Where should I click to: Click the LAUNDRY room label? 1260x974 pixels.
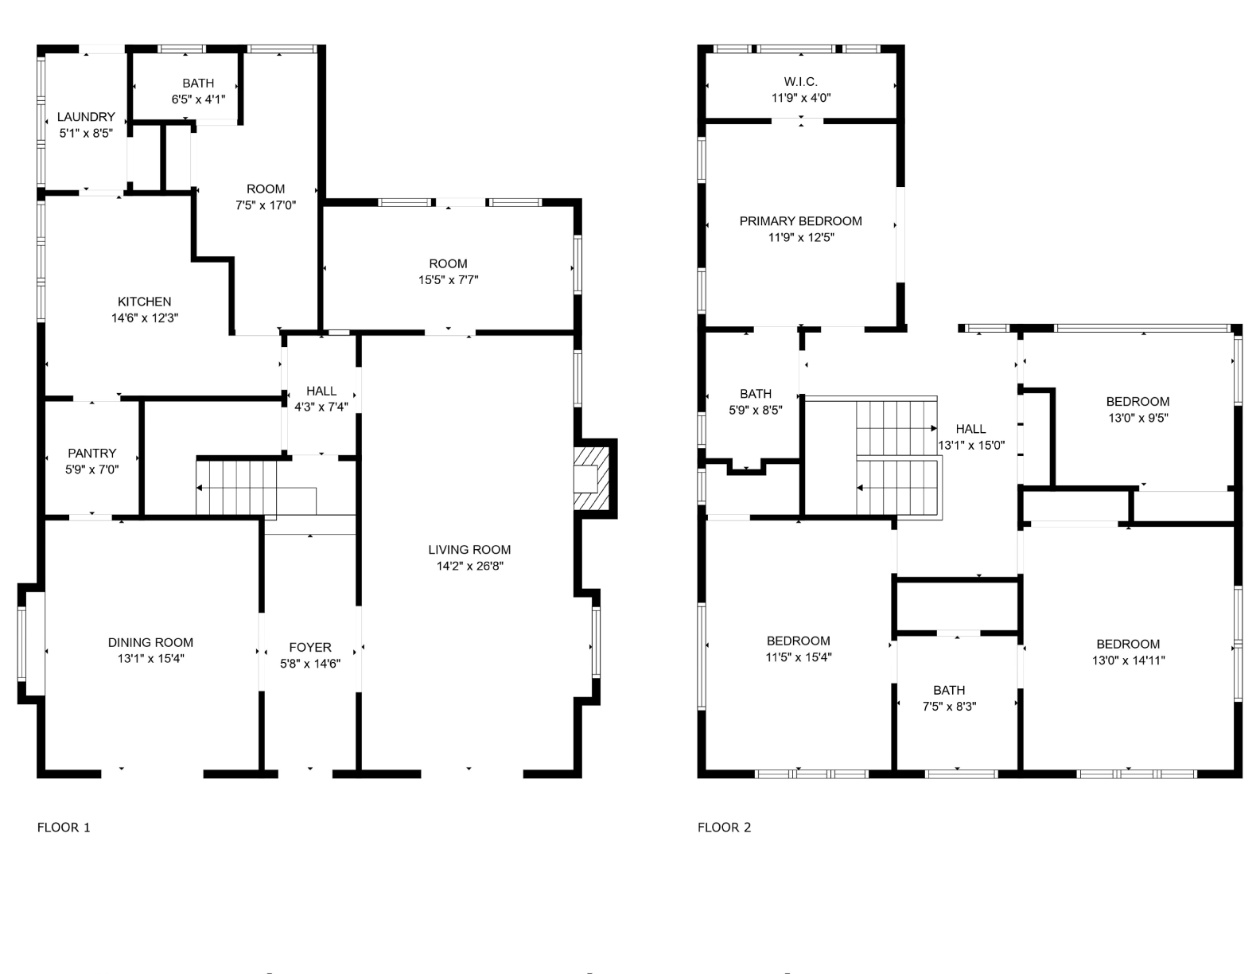coord(86,117)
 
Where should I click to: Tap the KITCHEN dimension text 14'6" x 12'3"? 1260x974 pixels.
coord(145,318)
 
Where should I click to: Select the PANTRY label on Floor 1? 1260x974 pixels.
coord(92,453)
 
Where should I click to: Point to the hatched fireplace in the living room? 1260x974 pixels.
coord(589,478)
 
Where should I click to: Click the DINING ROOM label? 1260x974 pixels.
coord(150,642)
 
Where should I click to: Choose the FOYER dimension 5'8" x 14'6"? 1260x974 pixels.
coord(310,664)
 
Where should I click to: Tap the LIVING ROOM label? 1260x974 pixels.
coord(469,549)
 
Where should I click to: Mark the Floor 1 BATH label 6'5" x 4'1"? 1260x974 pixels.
coord(198,83)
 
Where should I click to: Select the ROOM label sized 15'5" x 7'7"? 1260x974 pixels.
coord(448,263)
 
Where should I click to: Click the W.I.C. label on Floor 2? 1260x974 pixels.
coord(801,81)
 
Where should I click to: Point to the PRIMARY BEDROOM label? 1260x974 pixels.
coord(801,220)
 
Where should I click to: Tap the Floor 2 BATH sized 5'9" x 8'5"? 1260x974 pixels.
coord(756,393)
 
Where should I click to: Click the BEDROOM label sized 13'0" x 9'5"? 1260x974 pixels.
coord(1137,401)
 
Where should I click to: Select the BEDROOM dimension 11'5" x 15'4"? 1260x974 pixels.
coord(799,657)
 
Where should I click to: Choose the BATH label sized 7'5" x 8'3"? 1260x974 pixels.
coord(949,690)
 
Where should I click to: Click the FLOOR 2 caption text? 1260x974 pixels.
coord(724,827)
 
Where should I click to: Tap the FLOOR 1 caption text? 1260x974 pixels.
coord(64,827)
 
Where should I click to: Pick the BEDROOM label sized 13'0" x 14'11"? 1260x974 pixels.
coord(1128,644)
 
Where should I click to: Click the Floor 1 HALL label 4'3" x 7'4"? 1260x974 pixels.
coord(321,391)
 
